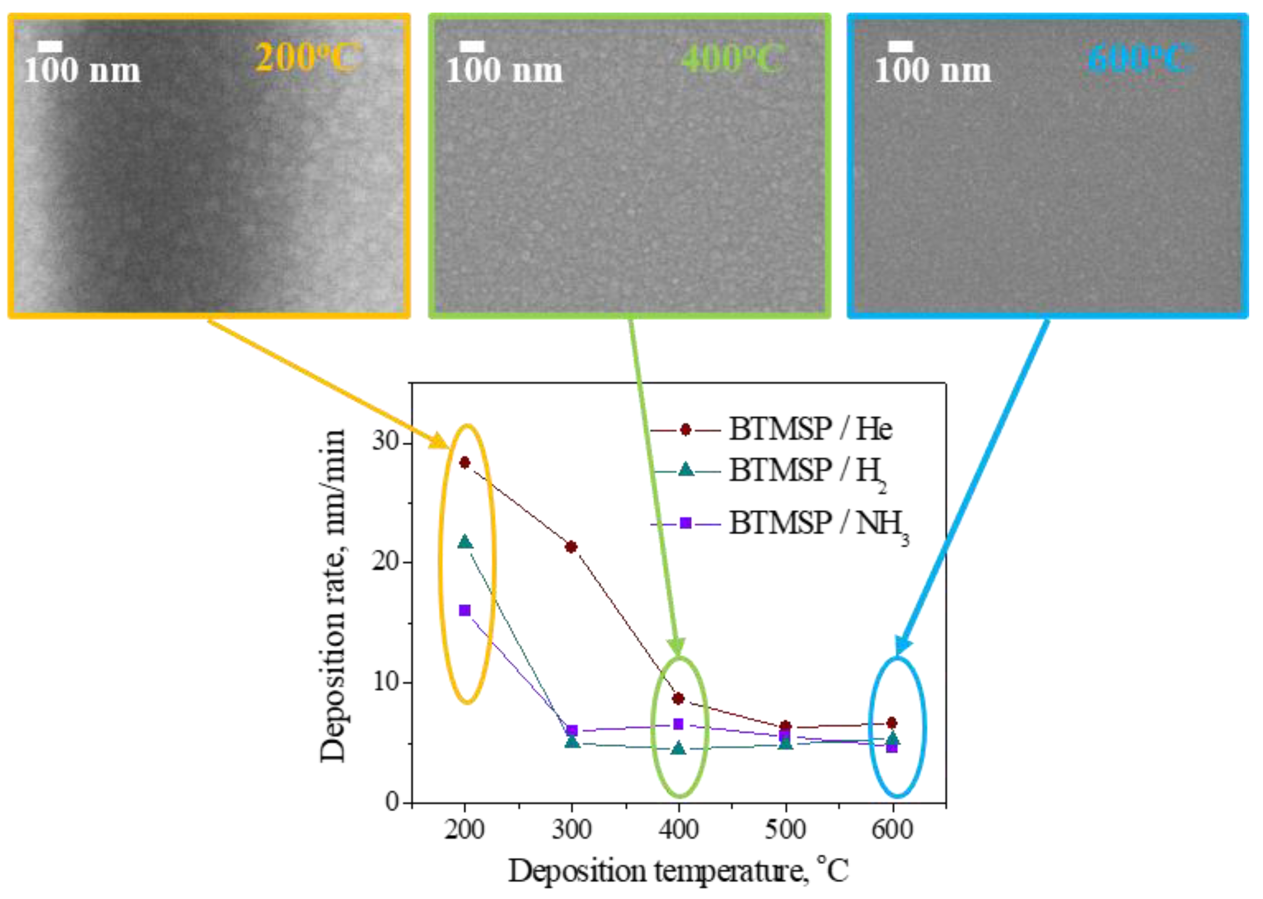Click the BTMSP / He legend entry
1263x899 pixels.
(771, 429)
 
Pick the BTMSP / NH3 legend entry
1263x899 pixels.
(780, 524)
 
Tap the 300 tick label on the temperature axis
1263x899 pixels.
(572, 829)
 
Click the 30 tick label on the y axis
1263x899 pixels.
(386, 443)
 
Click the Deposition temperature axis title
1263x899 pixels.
(678, 871)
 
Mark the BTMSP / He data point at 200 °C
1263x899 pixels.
(465, 462)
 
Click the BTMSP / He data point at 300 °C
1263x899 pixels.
(572, 547)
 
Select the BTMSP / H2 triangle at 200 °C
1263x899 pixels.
(465, 541)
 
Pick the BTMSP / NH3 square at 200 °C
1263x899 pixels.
(465, 611)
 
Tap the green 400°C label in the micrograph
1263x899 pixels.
(733, 57)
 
